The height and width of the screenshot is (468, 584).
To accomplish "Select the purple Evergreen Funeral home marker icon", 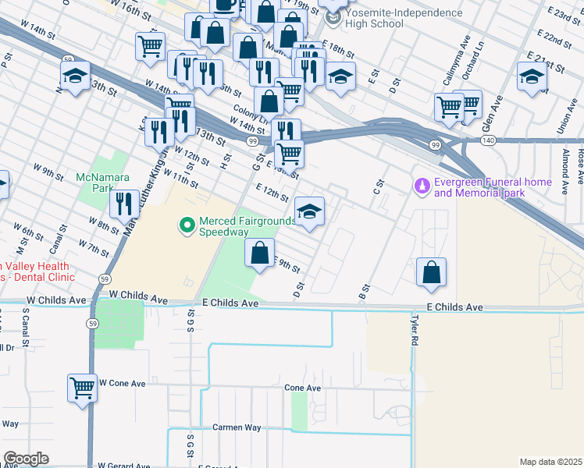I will click(422, 186).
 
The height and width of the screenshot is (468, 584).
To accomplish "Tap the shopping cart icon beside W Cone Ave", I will click(82, 387).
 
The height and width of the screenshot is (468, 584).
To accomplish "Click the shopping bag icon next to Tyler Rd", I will click(431, 272).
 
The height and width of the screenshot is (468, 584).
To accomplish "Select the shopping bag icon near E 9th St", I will click(259, 253).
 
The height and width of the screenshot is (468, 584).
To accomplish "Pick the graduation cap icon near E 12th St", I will click(309, 211).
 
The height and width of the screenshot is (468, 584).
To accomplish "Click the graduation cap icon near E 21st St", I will click(531, 77).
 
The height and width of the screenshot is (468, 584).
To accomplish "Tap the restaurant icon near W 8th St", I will click(123, 204).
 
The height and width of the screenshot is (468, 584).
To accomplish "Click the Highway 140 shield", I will click(488, 140).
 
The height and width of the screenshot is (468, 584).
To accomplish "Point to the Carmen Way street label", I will click(237, 427).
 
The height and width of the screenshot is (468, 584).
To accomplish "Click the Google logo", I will click(26, 459).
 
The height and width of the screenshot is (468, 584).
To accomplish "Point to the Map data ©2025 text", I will click(550, 462).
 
